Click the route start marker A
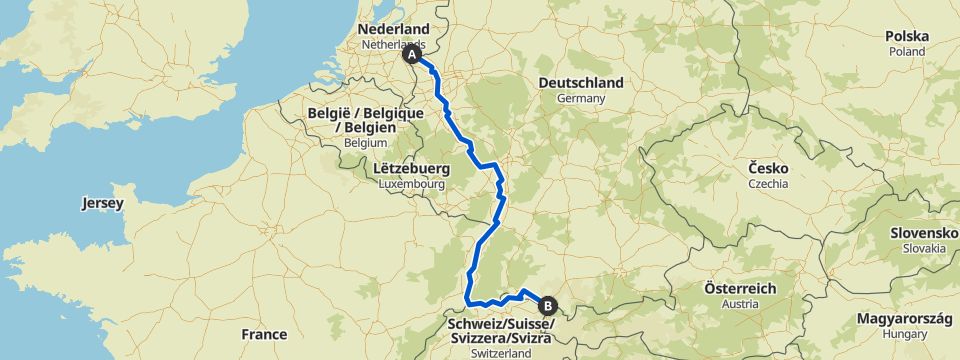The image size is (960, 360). click(x=412, y=56)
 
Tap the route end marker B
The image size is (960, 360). click(x=547, y=306)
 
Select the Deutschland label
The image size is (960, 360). click(x=580, y=83)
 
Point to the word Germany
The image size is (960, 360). click(x=582, y=99)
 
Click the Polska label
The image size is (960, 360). click(x=907, y=37)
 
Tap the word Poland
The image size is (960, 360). click(x=907, y=51)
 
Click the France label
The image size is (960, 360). click(x=264, y=334)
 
